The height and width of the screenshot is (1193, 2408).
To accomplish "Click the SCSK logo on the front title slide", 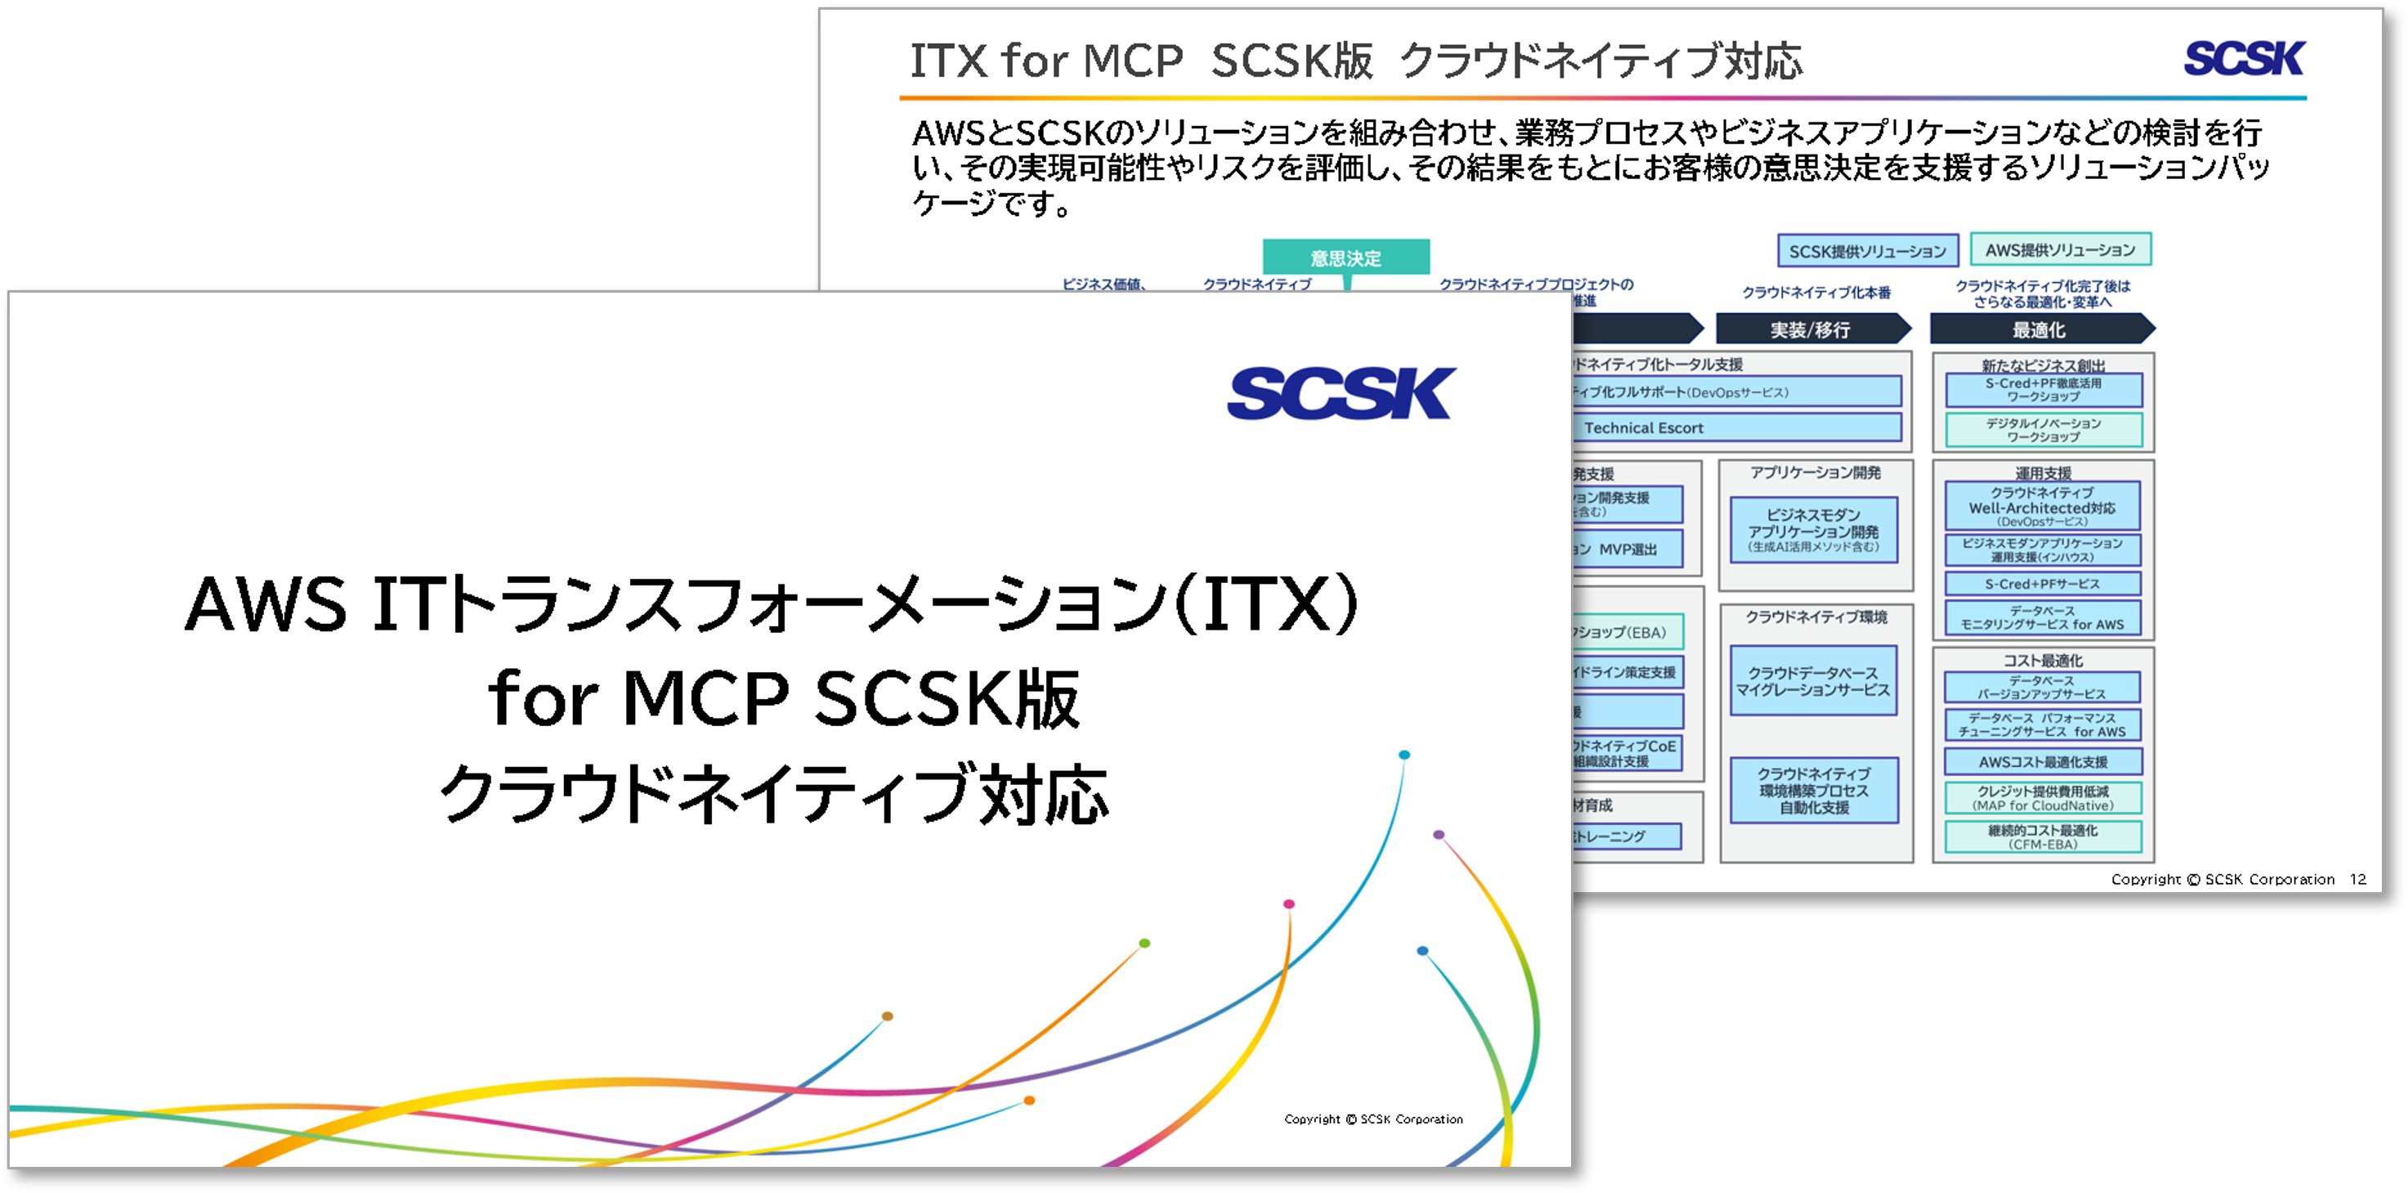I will pos(1341,393).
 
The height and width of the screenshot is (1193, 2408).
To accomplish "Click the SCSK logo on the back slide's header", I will pos(2245,58).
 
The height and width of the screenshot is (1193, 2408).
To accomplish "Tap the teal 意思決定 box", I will pos(1345,257).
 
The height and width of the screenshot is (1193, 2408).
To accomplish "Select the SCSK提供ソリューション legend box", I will pos(1867,250).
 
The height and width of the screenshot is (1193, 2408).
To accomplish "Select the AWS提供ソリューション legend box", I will pos(2061,249).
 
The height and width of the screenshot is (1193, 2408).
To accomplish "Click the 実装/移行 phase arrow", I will pos(1810,329).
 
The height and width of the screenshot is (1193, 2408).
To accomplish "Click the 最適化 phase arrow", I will pos(2039,329).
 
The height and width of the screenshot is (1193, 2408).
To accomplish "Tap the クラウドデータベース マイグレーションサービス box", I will pos(1813,680).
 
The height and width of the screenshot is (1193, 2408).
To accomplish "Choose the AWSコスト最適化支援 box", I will pos(2043,761).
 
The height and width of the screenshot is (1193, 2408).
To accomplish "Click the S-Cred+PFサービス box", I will pos(2043,583).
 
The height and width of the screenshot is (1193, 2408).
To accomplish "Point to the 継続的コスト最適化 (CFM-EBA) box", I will pos(2043,836).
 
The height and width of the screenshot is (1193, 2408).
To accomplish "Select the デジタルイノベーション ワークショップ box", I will pos(2043,430).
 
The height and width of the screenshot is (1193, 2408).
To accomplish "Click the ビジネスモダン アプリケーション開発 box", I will pos(1813,530).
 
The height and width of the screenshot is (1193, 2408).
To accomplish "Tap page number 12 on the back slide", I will pos(2357,879).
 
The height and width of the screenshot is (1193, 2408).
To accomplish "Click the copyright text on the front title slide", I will pos(1373,1119).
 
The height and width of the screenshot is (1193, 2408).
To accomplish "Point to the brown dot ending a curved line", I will pos(887,1016).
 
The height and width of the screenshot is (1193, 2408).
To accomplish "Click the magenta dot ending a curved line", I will pos(1289,904).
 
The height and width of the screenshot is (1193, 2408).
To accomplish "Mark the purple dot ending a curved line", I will pos(1439,834).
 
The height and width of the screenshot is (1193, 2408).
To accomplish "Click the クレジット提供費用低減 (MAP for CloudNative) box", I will pos(2043,797).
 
